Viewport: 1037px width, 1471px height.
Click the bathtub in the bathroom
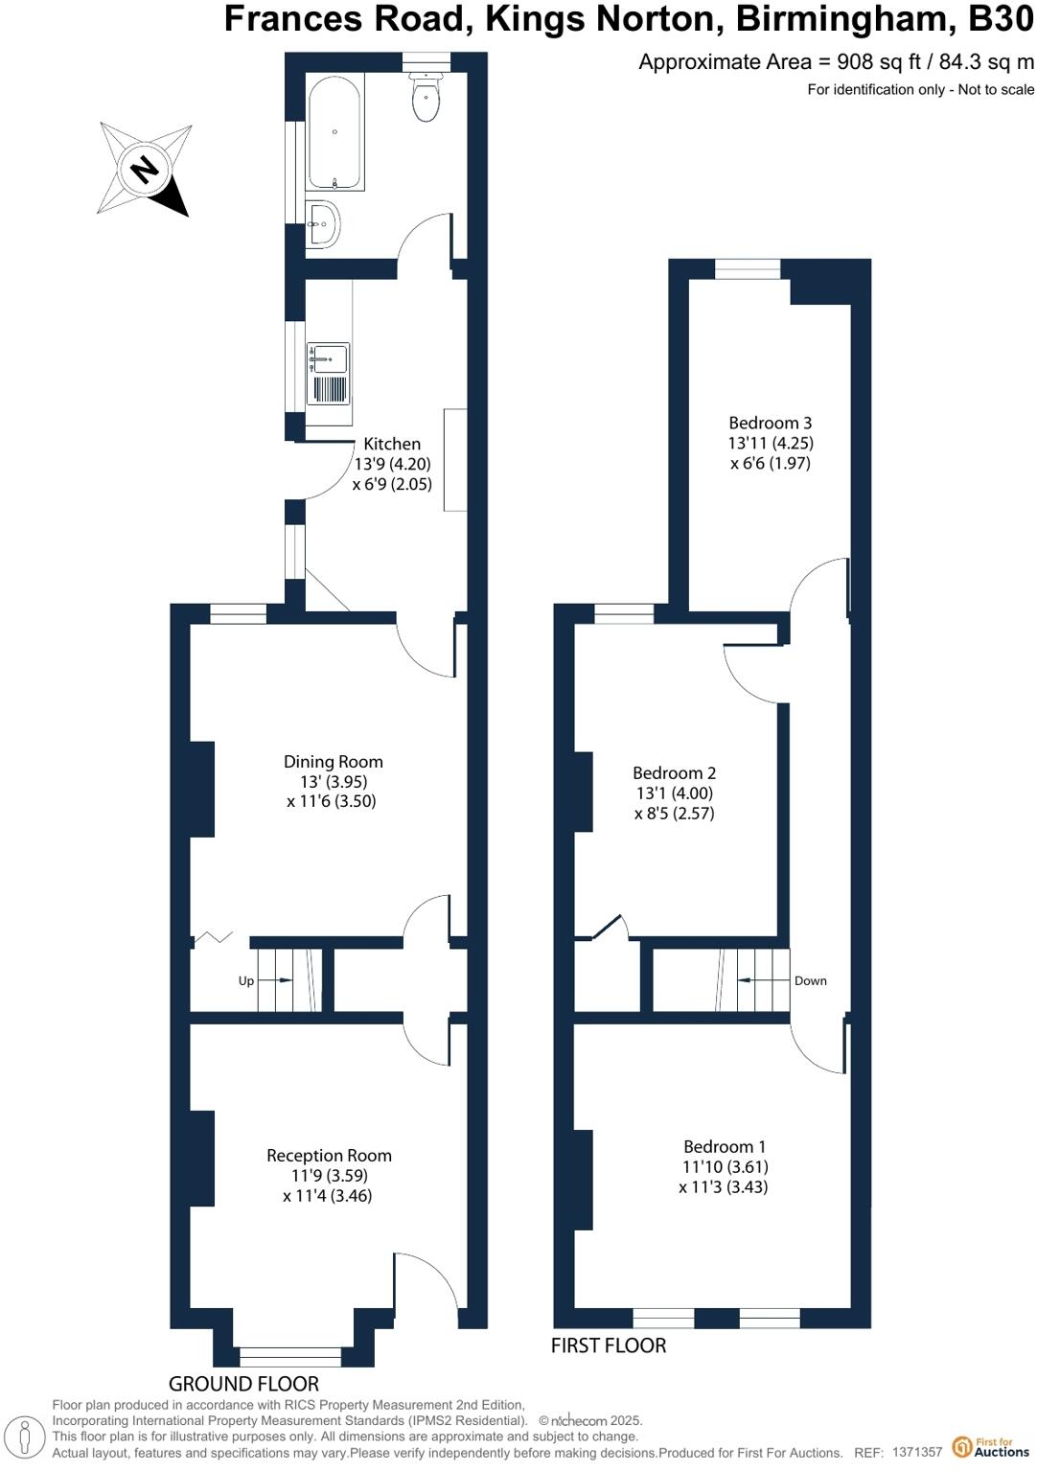pyautogui.click(x=334, y=131)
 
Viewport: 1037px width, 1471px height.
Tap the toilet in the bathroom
pyautogui.click(x=426, y=99)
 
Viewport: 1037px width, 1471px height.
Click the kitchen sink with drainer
pyautogui.click(x=328, y=374)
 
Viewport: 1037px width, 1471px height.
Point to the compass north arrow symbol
pyautogui.click(x=145, y=170)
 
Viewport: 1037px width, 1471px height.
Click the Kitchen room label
pyautogui.click(x=392, y=444)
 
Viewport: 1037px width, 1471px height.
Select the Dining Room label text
pyautogui.click(x=333, y=762)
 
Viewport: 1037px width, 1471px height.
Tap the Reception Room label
pyautogui.click(x=329, y=1156)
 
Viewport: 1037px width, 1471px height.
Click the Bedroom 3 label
pyautogui.click(x=770, y=423)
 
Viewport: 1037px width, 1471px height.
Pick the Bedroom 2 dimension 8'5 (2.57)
pyautogui.click(x=675, y=814)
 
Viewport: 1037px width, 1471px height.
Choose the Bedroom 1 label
pyautogui.click(x=725, y=1146)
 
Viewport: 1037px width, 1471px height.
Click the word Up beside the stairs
pyautogui.click(x=246, y=981)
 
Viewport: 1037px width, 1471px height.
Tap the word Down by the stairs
pyautogui.click(x=810, y=981)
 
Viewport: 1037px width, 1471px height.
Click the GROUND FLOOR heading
pyautogui.click(x=243, y=1383)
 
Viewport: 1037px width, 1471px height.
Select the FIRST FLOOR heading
pyautogui.click(x=608, y=1345)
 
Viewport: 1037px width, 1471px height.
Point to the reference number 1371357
pyautogui.click(x=917, y=1453)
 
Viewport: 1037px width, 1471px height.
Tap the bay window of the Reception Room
pyautogui.click(x=290, y=1356)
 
